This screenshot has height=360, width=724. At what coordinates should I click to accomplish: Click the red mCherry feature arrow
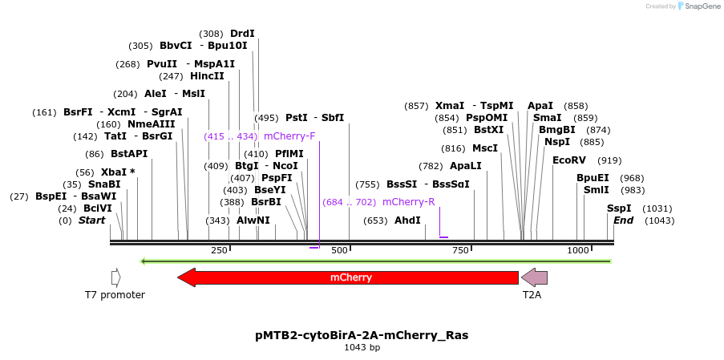pyautogui.click(x=348, y=277)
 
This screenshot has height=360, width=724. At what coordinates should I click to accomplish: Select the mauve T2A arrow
pyautogui.click(x=534, y=277)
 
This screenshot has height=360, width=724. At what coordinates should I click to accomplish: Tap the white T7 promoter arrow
pyautogui.click(x=116, y=277)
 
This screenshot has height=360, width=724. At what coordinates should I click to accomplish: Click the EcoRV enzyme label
pyautogui.click(x=569, y=160)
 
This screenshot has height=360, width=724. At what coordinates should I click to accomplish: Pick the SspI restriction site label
pyautogui.click(x=619, y=208)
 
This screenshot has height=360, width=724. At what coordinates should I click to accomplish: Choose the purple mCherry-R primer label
pyautogui.click(x=409, y=202)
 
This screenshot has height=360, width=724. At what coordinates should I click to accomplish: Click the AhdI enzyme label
pyautogui.click(x=407, y=220)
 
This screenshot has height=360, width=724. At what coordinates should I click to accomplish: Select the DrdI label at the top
pyautogui.click(x=242, y=34)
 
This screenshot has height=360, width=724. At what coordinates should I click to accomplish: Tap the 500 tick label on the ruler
pyautogui.click(x=339, y=250)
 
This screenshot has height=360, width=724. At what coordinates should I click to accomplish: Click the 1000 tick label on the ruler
pyautogui.click(x=578, y=250)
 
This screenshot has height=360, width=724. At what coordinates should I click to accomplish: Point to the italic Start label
pyautogui.click(x=92, y=220)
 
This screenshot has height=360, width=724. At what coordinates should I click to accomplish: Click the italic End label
pyautogui.click(x=623, y=220)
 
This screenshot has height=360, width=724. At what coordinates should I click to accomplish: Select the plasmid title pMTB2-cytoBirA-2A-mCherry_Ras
pyautogui.click(x=362, y=335)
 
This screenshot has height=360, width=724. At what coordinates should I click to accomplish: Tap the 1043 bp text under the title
pyautogui.click(x=362, y=347)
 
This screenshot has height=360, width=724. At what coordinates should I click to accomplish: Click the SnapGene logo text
pyautogui.click(x=703, y=6)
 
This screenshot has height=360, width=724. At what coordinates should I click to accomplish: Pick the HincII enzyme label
pyautogui.click(x=207, y=75)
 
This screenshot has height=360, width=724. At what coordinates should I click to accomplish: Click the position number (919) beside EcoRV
pyautogui.click(x=609, y=160)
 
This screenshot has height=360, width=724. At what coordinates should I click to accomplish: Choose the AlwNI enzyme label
pyautogui.click(x=253, y=220)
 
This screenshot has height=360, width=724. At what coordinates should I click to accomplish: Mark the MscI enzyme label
pyautogui.click(x=485, y=148)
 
